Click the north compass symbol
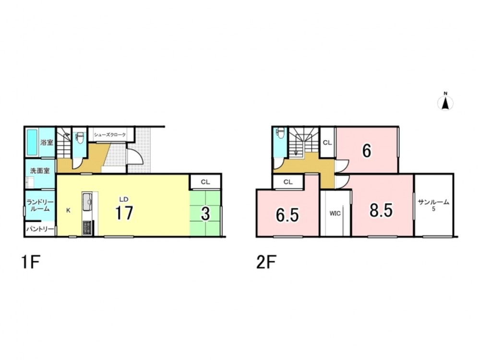coord(446,102)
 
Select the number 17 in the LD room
coord(123,213)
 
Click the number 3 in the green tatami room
coord(205,214)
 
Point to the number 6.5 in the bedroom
coord(287,215)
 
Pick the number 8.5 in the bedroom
coord(381,211)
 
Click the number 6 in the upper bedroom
coord(366,151)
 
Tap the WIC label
coord(335,214)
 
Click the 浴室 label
coord(47,143)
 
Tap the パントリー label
coord(40,229)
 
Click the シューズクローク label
coord(110,135)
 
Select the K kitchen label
coord(68,210)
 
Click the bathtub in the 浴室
coord(32,142)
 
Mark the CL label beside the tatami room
coord(205,182)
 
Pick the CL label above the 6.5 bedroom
coord(288,182)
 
